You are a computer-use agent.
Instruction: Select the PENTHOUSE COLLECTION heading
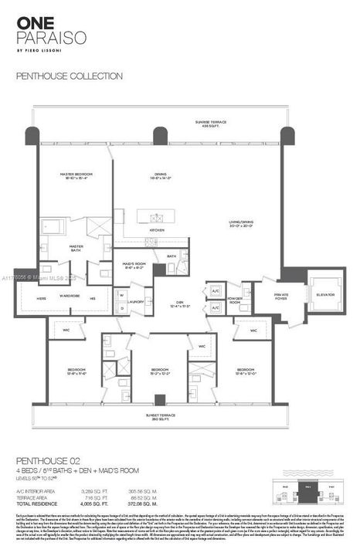point(70,76)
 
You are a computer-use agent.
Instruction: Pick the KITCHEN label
point(157,230)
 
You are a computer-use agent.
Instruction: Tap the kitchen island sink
point(158,217)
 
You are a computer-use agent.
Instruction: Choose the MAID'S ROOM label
point(136,265)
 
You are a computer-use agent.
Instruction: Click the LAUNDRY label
point(136,302)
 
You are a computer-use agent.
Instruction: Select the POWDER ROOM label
point(235,301)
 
